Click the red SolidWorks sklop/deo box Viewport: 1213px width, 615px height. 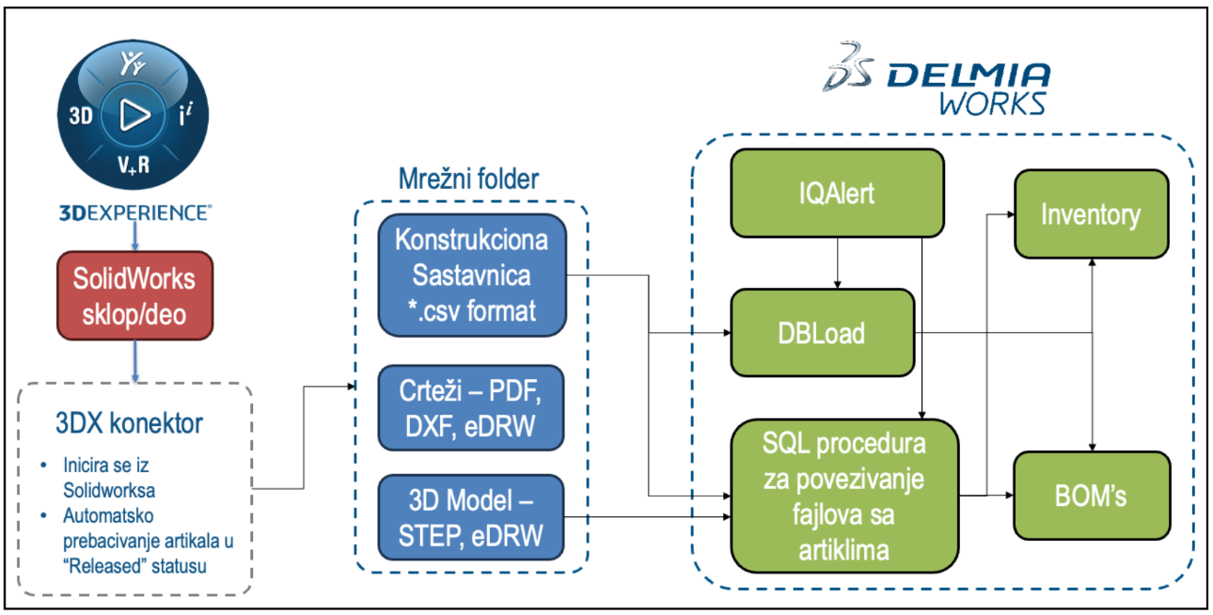134,296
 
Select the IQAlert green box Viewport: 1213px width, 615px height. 836,194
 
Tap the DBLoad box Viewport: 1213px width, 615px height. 823,334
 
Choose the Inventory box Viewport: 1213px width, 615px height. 1091,214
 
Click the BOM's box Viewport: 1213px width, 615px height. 1091,496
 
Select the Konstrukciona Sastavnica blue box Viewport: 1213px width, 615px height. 472,276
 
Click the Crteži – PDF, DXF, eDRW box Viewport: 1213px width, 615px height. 472,408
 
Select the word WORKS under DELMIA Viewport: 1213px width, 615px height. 993,102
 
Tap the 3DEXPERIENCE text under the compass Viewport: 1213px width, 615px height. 134,213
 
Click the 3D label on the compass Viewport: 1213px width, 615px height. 81,117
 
